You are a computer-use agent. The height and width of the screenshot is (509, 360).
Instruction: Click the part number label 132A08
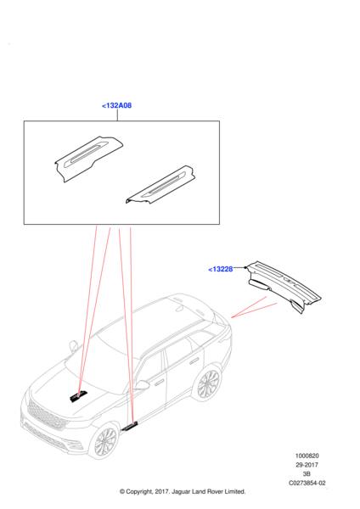click(116, 105)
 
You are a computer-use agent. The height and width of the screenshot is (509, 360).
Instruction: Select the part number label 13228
click(221, 269)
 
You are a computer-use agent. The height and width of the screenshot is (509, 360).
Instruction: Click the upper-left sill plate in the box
click(88, 159)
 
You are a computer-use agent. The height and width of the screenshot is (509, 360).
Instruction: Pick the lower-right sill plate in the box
click(160, 185)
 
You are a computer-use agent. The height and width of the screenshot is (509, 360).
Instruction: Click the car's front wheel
click(105, 441)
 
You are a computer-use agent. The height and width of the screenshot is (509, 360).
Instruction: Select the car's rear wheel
click(208, 383)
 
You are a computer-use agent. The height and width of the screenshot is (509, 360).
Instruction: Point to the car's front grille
click(47, 416)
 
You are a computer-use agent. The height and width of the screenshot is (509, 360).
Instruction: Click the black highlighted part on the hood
click(78, 396)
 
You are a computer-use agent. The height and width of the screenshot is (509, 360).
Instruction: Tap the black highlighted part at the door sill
click(130, 426)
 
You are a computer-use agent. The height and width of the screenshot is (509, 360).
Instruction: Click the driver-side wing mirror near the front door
click(142, 385)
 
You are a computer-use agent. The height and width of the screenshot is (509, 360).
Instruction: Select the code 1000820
click(307, 456)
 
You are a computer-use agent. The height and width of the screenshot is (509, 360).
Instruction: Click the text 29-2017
click(307, 465)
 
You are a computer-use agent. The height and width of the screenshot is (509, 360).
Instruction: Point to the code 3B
click(307, 474)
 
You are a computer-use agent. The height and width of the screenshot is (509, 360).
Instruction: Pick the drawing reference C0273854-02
click(307, 483)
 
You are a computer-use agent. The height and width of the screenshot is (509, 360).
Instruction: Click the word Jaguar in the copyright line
click(182, 492)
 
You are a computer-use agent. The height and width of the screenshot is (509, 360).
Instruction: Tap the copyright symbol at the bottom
click(122, 492)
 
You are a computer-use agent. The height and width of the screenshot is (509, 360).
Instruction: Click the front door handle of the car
click(160, 383)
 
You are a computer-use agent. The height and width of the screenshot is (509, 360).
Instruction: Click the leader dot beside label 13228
click(245, 267)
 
